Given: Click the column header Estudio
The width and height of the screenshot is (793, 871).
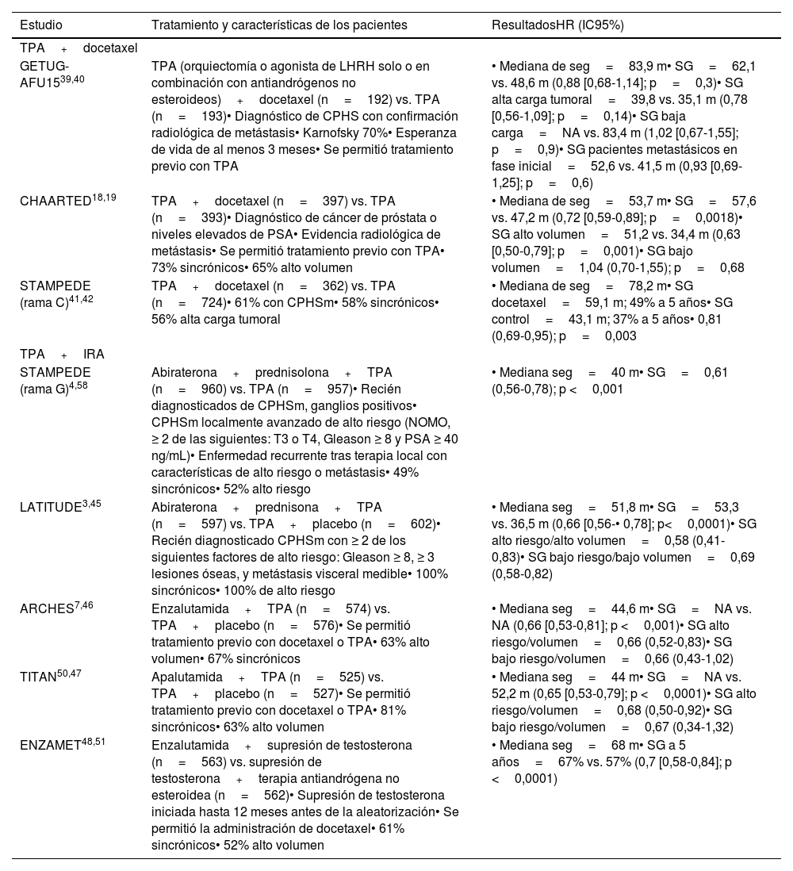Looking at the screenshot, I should pos(41,25).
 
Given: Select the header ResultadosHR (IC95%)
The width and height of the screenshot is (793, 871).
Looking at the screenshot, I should pos(557,25).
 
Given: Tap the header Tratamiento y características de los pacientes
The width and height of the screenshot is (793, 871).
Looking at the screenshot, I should pos(279,25).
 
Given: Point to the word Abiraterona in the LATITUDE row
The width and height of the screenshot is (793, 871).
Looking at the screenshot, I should pos(184,507).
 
